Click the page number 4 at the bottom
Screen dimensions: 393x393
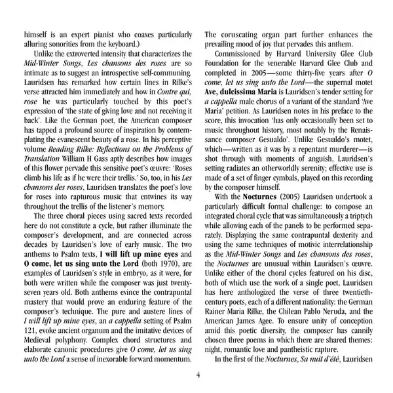197,375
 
